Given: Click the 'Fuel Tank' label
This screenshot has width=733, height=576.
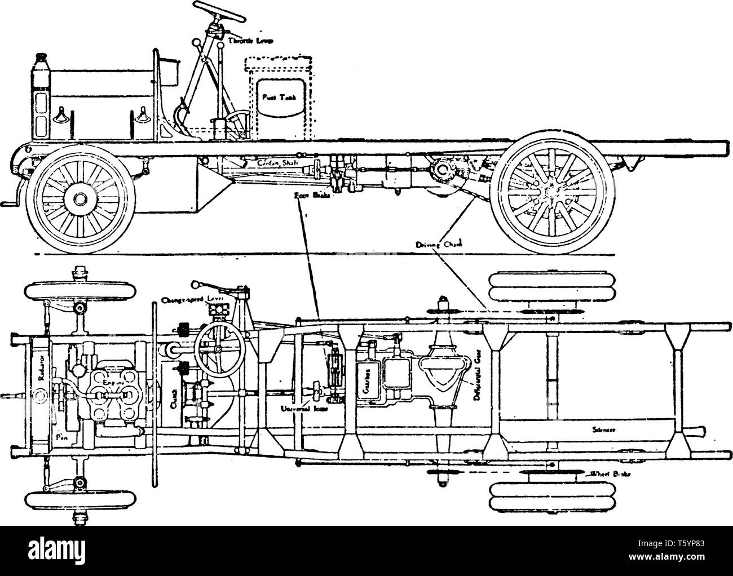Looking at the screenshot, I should pos(276,96).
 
